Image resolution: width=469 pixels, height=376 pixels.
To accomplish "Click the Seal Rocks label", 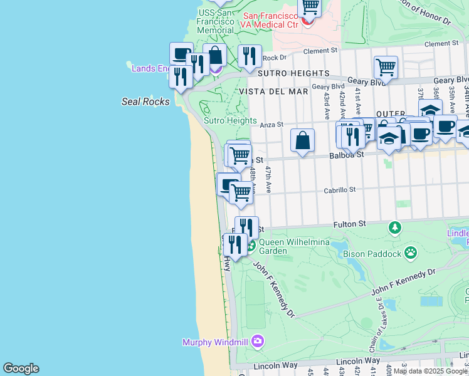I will [x=145, y=102].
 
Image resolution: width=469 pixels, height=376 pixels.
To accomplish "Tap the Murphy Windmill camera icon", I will [x=257, y=342].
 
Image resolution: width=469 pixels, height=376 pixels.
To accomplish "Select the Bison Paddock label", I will [x=372, y=254].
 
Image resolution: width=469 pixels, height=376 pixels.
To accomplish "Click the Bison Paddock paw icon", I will [x=411, y=253].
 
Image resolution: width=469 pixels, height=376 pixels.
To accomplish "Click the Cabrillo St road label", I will [x=339, y=189].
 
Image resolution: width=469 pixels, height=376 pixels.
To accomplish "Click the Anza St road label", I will [x=272, y=125].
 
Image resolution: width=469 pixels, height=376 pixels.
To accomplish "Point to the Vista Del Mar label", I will [x=273, y=91].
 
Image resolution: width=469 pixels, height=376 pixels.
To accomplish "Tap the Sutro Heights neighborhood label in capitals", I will [x=284, y=73].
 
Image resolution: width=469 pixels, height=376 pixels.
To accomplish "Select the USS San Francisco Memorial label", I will [x=216, y=21].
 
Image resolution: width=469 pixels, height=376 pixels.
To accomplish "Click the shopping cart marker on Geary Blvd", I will [x=386, y=67].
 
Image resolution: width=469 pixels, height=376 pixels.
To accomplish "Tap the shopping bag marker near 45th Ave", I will [x=302, y=140].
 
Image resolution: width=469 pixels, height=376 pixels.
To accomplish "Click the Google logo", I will [x=21, y=368].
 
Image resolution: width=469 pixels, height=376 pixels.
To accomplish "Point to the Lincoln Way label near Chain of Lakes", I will [x=358, y=361].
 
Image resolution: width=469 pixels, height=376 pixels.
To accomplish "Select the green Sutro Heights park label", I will [x=230, y=120].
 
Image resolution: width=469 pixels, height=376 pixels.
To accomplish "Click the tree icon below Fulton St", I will [x=395, y=226].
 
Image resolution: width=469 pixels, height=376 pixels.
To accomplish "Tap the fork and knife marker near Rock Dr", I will [x=250, y=56].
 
